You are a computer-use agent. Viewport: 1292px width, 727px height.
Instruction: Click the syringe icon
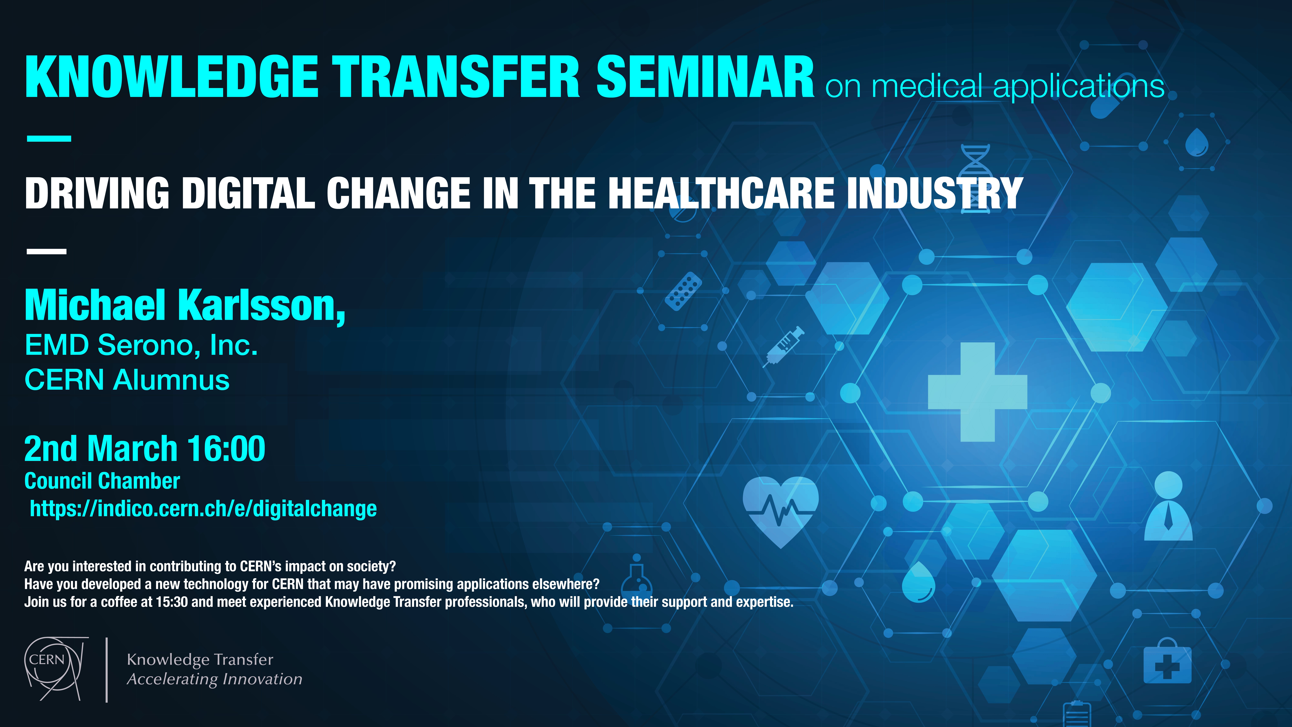coord(783,346)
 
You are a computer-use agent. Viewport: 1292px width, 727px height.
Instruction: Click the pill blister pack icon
coord(683,291)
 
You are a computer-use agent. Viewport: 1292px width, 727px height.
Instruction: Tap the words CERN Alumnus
coord(127,380)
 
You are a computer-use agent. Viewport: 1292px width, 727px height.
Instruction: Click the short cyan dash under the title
coord(49,138)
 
